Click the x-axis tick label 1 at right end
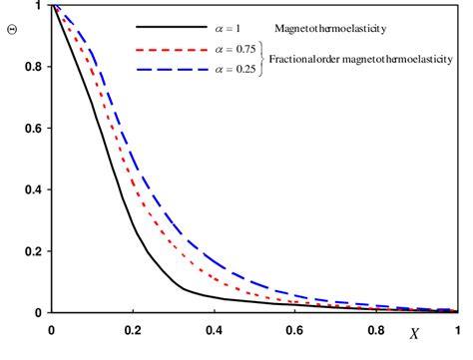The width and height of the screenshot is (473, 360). [x=457, y=328]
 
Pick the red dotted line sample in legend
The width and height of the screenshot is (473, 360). [x=167, y=50]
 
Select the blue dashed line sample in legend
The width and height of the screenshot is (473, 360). [x=167, y=71]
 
